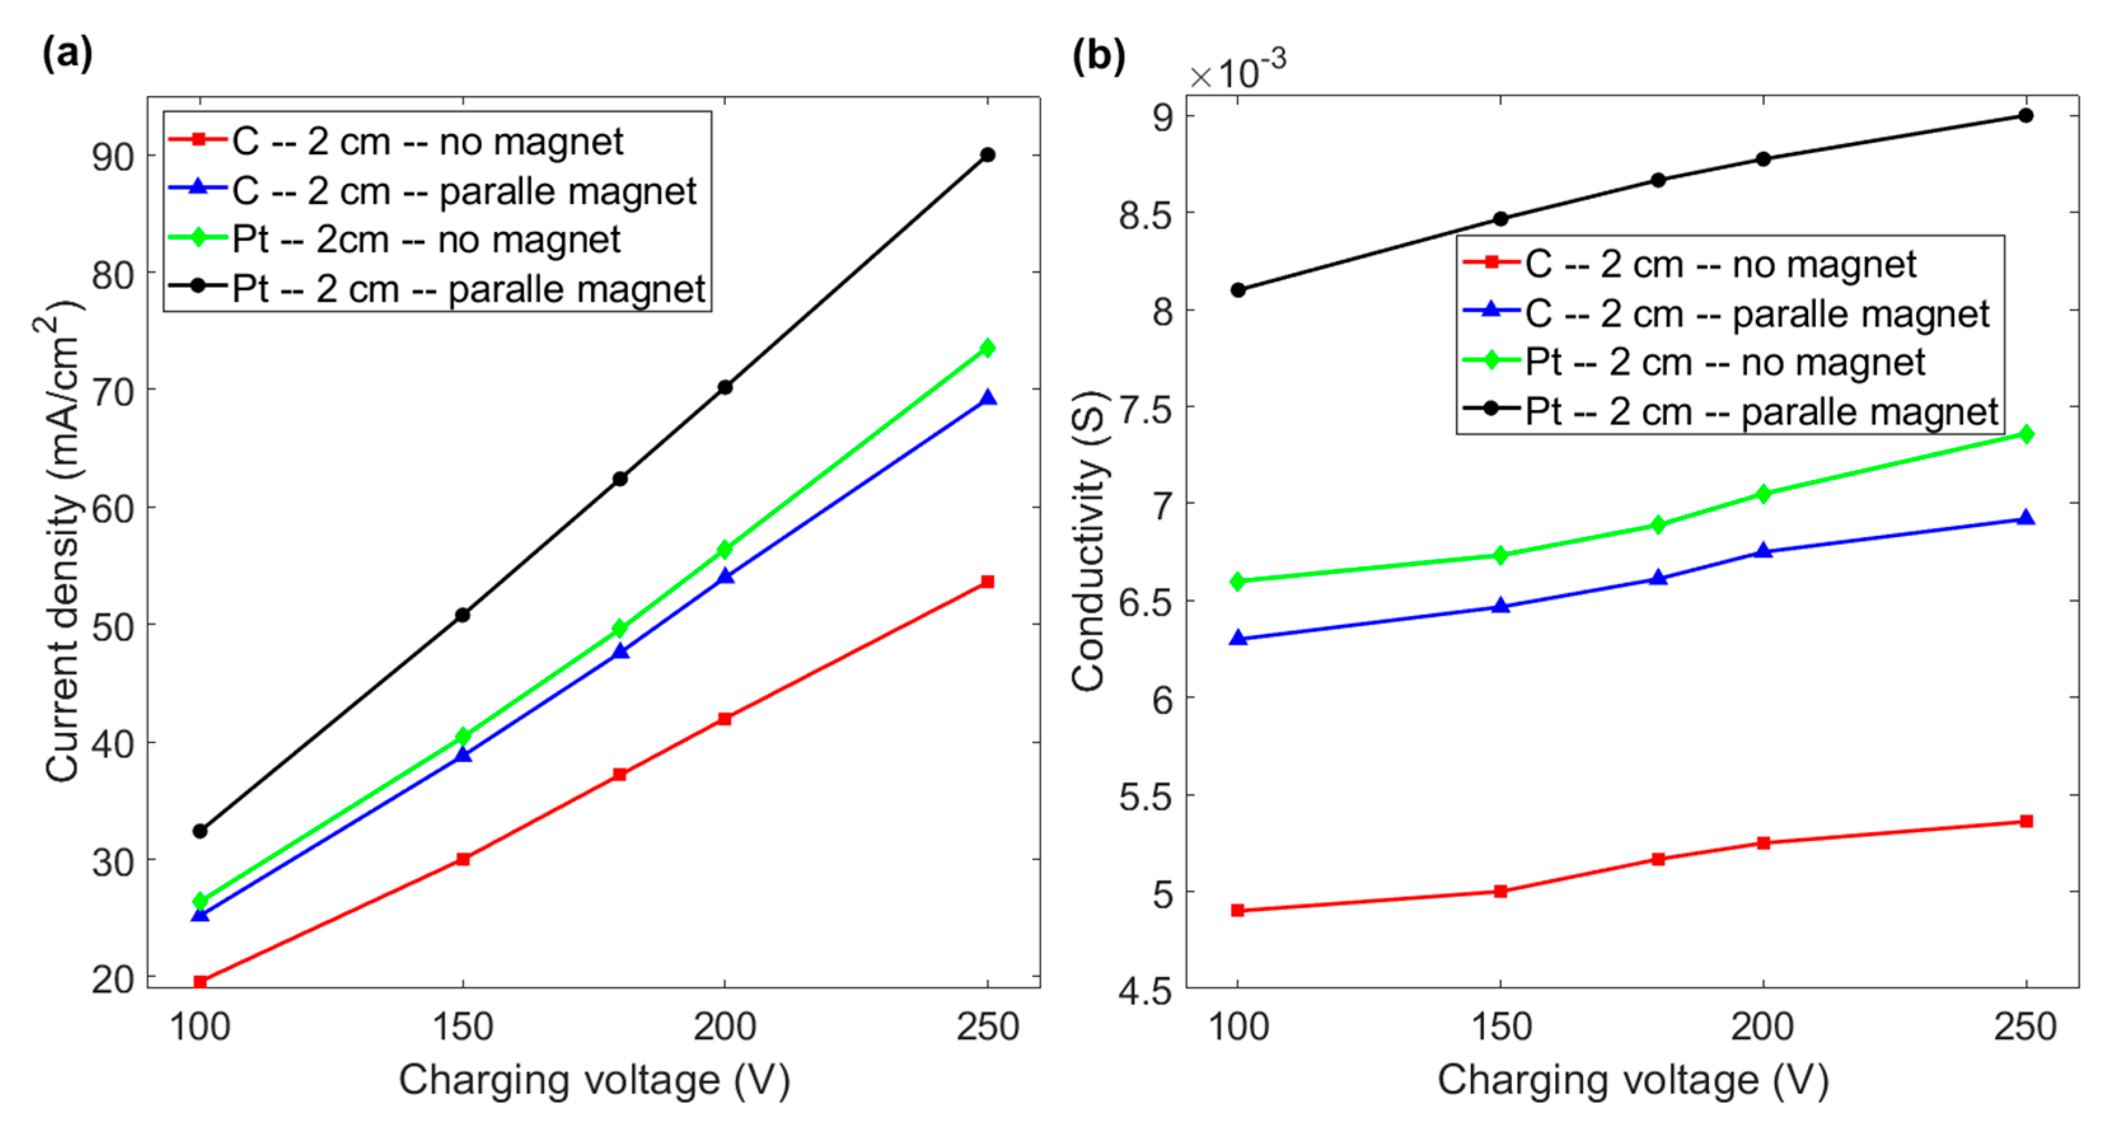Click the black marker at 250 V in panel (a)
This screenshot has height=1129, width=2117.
987,154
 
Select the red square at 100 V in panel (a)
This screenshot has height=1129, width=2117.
200,981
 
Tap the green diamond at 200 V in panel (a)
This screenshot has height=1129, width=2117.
725,549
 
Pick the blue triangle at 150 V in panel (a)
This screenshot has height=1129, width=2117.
463,755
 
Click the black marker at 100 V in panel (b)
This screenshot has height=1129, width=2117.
1238,290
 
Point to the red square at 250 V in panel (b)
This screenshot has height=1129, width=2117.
2026,821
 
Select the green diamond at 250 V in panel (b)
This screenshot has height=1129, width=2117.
2026,434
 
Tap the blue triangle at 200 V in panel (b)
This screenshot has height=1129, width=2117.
1763,551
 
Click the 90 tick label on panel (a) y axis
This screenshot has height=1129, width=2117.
113,156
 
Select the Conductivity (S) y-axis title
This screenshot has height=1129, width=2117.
1090,542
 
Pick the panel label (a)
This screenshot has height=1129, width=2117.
67,54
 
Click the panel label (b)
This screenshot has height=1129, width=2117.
1098,56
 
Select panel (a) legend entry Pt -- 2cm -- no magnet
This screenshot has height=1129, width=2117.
426,239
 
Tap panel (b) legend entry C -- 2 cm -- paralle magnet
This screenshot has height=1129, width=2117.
1757,313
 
